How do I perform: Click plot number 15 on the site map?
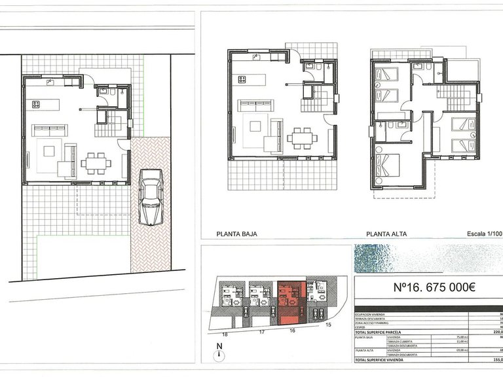(x=329, y=325)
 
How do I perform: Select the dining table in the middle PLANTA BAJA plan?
(x=302, y=137)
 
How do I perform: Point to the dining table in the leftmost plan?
(x=95, y=162)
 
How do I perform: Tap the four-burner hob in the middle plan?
(x=242, y=80)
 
